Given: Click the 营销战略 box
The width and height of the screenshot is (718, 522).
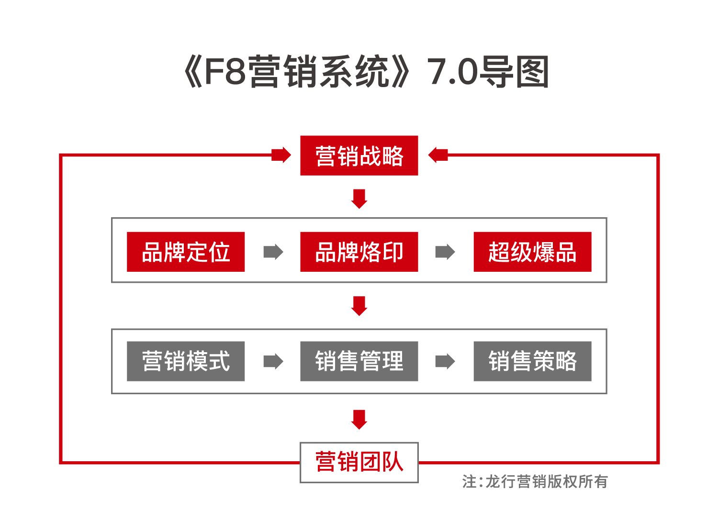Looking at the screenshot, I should coord(359,156).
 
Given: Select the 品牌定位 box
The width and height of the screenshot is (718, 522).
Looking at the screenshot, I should coord(186,252).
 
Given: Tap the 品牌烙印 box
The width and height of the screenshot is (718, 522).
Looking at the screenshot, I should coord(359,252).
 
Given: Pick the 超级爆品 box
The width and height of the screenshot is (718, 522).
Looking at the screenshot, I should coord(532,252).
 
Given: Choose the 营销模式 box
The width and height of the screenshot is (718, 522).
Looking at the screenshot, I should coord(186,361).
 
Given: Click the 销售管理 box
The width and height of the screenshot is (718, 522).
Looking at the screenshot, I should coord(359,361).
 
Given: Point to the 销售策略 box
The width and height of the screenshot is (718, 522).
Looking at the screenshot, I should coord(532,361).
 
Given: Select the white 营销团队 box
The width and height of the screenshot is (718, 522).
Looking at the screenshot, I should coord(359,462).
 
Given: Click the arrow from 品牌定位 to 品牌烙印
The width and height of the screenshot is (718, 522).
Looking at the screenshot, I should coord(273,252).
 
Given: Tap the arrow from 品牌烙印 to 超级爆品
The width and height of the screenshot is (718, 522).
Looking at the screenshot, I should coord(445,252).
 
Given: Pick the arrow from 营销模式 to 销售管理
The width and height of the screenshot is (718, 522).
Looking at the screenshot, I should coord(273,361).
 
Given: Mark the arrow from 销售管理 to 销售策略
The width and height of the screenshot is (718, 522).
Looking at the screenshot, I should coord(445,361).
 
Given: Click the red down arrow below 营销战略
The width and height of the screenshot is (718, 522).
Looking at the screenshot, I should coord(359,199).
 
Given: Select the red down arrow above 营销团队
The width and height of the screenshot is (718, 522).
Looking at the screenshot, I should coord(359,419).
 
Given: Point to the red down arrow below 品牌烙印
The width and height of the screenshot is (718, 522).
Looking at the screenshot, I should coord(359,306).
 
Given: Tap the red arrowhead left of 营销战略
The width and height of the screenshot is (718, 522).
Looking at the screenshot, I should coord(281,155).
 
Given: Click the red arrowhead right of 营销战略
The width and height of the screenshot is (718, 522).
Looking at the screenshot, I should coord(438,155).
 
